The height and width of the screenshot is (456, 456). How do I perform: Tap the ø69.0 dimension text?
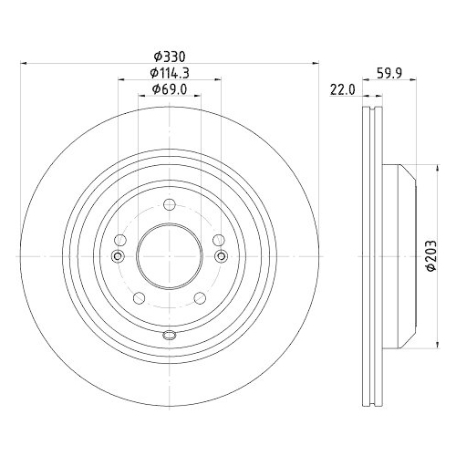pyautogui.click(x=169, y=88)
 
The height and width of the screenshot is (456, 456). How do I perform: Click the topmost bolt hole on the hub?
pyautogui.click(x=169, y=205)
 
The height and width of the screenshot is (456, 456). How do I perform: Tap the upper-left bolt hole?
pyautogui.click(x=121, y=239)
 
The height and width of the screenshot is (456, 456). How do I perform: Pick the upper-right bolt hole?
pyautogui.click(x=217, y=239)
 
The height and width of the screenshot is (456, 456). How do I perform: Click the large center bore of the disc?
pyautogui.click(x=169, y=255)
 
